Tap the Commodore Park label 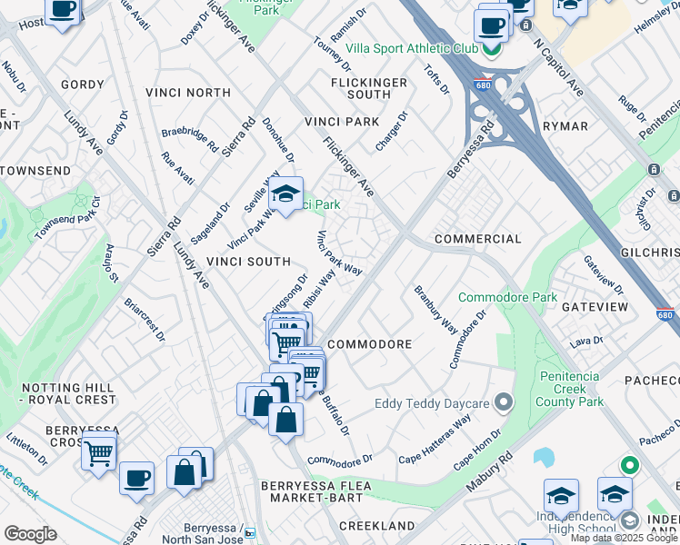tap(507, 297)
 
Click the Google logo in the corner tap(30, 533)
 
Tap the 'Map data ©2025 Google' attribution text tap(624, 538)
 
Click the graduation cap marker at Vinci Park tap(285, 194)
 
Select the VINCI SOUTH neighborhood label tap(247, 261)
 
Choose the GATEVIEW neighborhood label tap(595, 308)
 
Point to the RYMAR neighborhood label tap(565, 126)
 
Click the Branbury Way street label tap(435, 311)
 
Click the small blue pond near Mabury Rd tap(545, 457)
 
